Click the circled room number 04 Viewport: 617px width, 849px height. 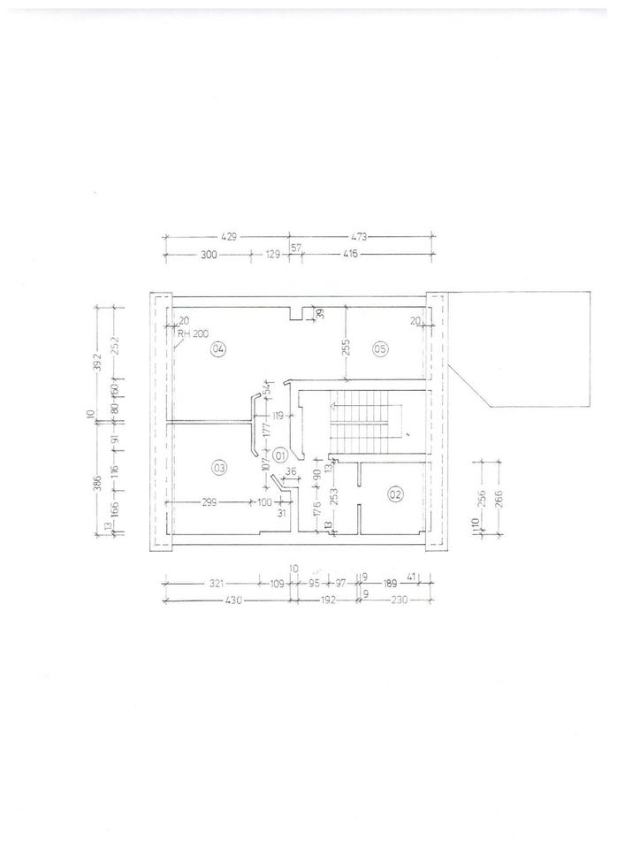tap(218, 349)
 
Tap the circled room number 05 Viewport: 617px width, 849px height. tap(380, 349)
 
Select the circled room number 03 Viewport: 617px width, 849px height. tap(218, 466)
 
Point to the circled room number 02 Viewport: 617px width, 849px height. tap(395, 494)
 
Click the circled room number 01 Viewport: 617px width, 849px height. tap(280, 455)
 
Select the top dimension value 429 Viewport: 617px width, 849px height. tap(230, 237)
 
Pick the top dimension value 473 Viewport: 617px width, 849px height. tap(358, 237)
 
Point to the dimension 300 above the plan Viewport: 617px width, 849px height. tap(209, 254)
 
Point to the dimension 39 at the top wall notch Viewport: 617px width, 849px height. tap(320, 312)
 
